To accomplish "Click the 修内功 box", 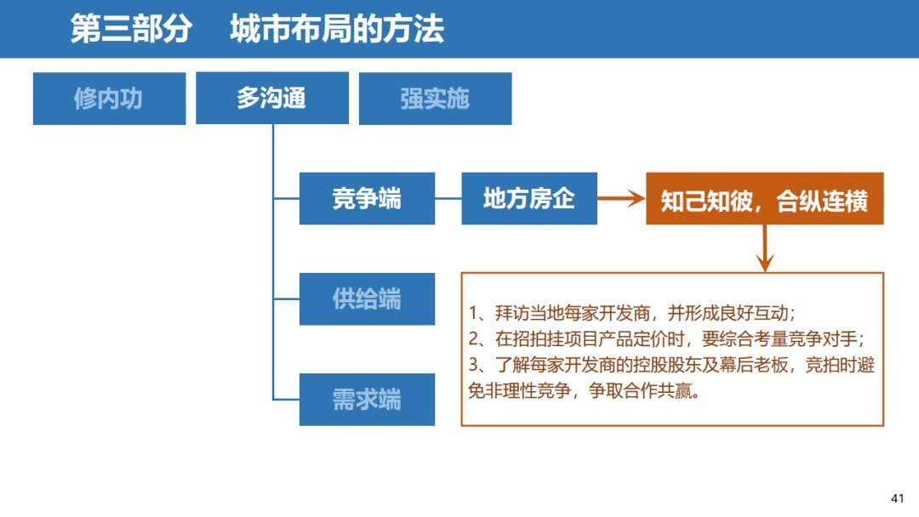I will tap(109, 99).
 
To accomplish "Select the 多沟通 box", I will tap(272, 99).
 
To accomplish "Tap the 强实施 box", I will tap(435, 99).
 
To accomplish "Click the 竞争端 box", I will tap(367, 199).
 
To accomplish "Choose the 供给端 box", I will tap(367, 299).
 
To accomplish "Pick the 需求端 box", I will tap(367, 400).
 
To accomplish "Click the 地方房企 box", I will tap(529, 199).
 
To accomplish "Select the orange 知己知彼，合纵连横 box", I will tap(764, 200).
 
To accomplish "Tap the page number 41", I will tap(897, 498).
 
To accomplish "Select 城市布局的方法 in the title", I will tap(337, 30).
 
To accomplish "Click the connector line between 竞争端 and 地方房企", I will tap(448, 199).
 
